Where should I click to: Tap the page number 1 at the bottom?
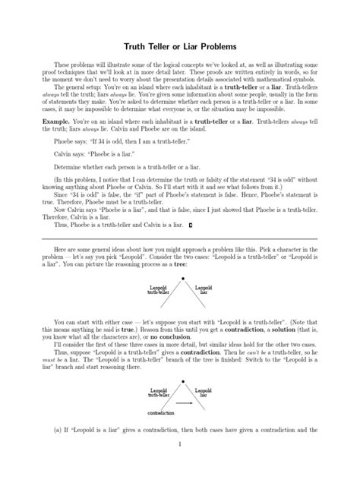click(x=180, y=465)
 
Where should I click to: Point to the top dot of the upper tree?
click(x=181, y=279)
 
